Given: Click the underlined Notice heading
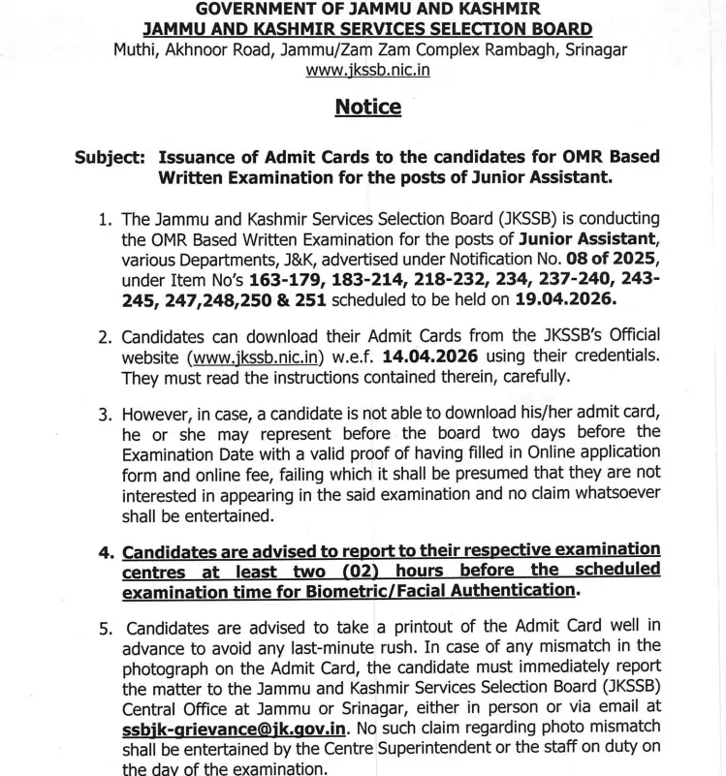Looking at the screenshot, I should click(367, 108).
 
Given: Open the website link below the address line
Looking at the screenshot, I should click(367, 70).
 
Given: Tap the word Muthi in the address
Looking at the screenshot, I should click(135, 49).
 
